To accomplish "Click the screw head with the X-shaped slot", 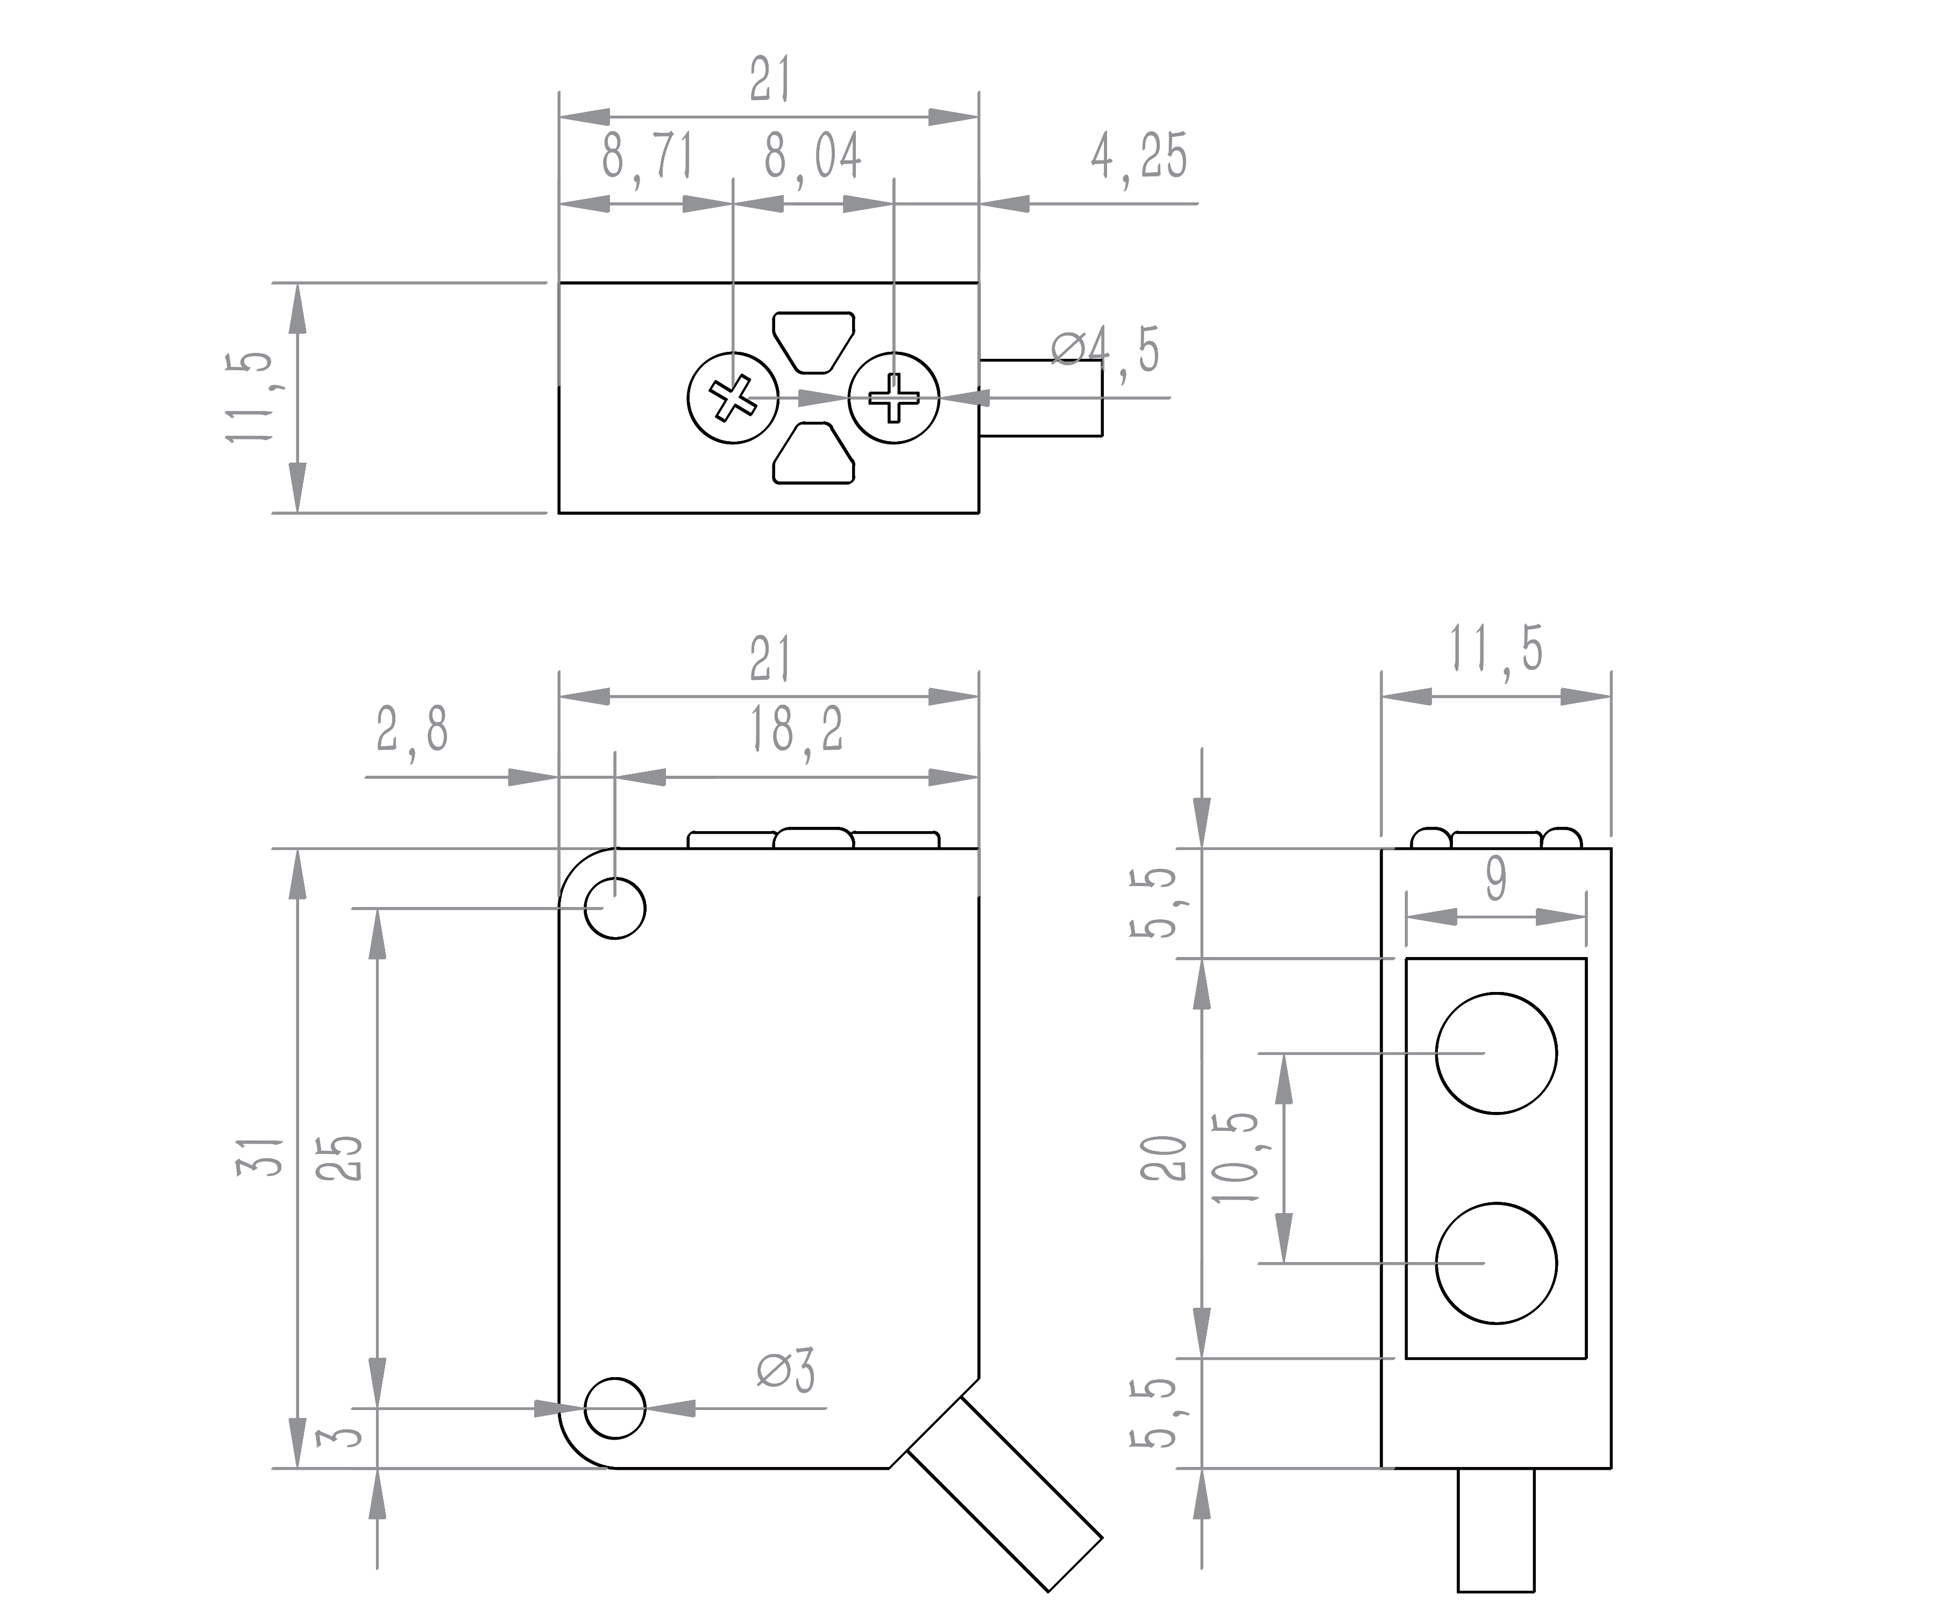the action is pyautogui.click(x=733, y=399).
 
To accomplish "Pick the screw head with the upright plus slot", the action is pyautogui.click(x=894, y=399).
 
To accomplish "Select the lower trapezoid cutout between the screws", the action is pyautogui.click(x=813, y=453).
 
